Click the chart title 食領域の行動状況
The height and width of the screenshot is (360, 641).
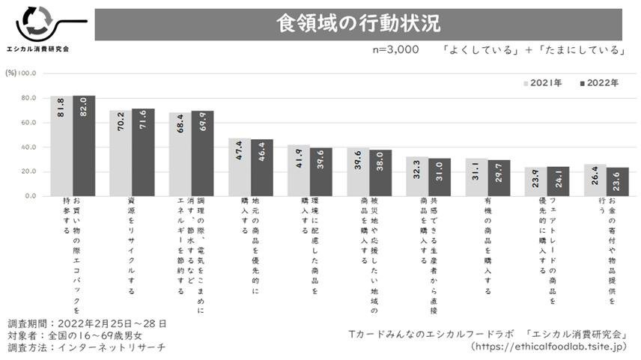tap(357, 23)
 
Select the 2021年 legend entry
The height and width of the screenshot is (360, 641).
tap(546, 83)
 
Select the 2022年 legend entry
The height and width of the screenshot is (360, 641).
tap(598, 83)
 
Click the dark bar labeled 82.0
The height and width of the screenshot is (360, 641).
tap(84, 146)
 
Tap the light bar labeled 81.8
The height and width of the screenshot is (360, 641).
tap(62, 146)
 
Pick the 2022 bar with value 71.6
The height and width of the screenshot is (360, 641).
tap(143, 153)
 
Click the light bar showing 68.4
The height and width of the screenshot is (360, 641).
tap(180, 154)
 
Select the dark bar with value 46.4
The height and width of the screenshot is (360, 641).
tap(261, 168)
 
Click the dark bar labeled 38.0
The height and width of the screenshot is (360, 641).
tap(380, 173)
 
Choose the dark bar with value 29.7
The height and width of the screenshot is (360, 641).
tap(499, 178)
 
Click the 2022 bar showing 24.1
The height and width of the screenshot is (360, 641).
tap(558, 181)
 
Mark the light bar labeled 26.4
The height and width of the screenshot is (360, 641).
tap(595, 180)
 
